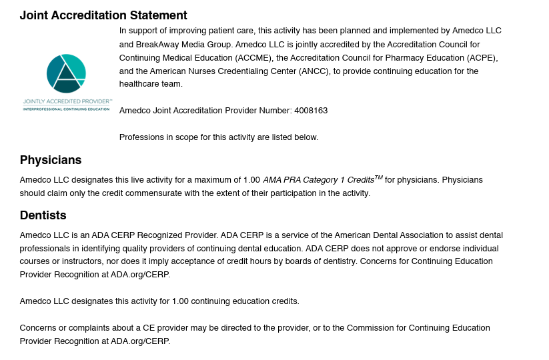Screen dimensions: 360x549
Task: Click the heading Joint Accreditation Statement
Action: [103, 15]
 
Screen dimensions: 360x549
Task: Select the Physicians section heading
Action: [51, 160]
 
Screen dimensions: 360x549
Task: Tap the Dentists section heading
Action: [43, 215]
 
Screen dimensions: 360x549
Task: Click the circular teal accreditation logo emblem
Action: [66, 73]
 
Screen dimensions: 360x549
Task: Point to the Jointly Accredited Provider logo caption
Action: [66, 101]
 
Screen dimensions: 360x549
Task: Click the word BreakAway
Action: [157, 44]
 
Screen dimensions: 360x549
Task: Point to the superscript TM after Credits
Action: [378, 177]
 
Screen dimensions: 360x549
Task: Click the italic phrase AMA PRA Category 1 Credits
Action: [318, 180]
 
